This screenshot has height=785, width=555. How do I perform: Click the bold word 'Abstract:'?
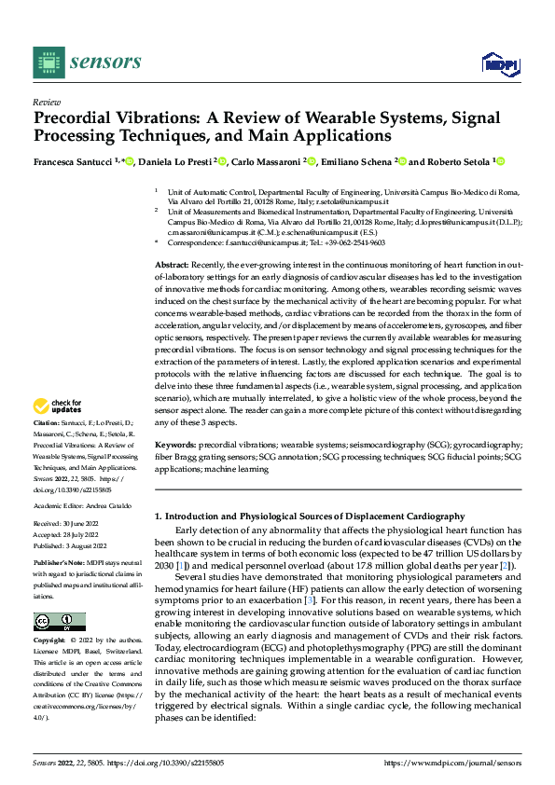coord(172,266)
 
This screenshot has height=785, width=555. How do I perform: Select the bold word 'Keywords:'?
coord(174,446)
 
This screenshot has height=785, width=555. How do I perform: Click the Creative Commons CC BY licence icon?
coord(59,622)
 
